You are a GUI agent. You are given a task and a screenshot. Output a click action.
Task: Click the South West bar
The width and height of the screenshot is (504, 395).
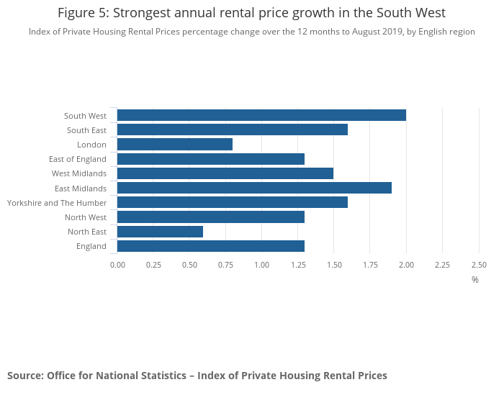tap(261, 115)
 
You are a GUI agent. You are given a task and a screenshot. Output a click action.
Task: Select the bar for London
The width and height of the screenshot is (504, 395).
tap(175, 145)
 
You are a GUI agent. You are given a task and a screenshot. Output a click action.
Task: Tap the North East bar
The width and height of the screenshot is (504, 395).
tap(160, 232)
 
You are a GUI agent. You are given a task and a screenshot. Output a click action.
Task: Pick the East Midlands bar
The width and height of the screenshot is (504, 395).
tap(254, 188)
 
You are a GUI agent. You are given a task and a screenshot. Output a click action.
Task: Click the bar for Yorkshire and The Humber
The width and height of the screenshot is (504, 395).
tap(233, 202)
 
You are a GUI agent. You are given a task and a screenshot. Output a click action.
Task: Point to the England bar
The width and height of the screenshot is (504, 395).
tap(211, 246)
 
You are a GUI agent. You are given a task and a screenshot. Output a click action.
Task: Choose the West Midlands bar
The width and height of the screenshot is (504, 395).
tap(225, 173)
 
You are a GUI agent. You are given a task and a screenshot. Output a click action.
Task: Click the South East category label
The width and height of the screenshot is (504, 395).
tap(86, 130)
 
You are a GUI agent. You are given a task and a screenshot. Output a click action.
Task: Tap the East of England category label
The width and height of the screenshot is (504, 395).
tap(78, 159)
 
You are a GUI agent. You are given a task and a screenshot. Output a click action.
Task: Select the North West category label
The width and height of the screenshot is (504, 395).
tap(86, 217)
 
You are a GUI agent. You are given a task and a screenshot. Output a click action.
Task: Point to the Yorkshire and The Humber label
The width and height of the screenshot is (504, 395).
tap(57, 203)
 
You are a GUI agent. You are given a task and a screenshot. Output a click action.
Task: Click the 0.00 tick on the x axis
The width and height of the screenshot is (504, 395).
tap(117, 265)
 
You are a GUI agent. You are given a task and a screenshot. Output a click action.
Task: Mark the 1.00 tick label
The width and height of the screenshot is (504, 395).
tap(261, 265)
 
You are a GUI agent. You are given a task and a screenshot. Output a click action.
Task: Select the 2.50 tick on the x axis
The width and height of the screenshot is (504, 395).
tap(479, 265)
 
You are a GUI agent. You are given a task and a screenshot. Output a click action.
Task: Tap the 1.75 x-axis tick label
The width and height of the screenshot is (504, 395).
tap(370, 265)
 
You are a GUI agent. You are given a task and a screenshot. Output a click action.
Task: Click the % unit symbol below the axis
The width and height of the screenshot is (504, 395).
tap(475, 280)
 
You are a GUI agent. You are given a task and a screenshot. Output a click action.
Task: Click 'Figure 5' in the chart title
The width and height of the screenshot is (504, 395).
tap(83, 13)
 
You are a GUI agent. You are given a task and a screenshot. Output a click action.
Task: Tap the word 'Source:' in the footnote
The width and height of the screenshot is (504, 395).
tap(25, 376)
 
